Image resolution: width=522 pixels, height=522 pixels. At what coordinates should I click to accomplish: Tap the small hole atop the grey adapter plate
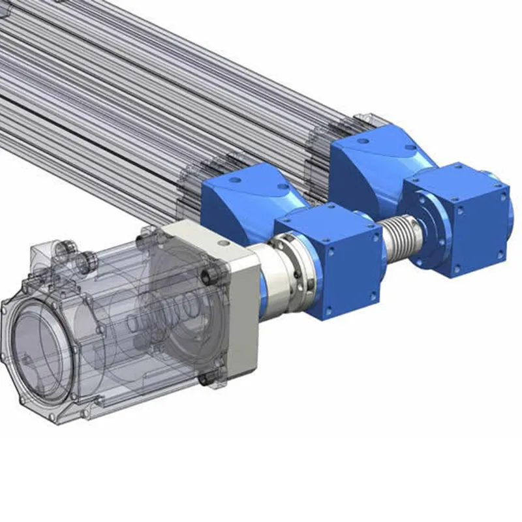coord(224,243)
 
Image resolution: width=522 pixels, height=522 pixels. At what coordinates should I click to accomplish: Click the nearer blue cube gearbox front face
coord(352,274)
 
